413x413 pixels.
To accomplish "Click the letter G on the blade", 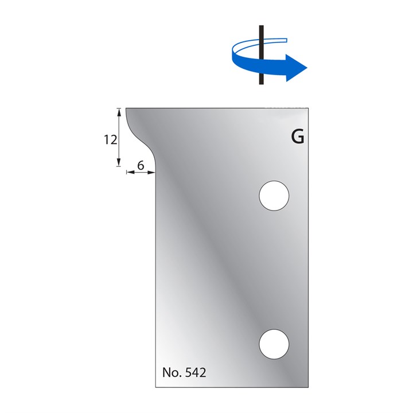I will pyautogui.click(x=297, y=138).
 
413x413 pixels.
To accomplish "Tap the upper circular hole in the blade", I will pyautogui.click(x=274, y=195).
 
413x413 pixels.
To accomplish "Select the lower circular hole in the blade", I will pyautogui.click(x=274, y=344).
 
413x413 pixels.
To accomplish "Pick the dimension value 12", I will pyautogui.click(x=111, y=139).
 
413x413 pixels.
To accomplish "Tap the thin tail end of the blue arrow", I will pyautogui.click(x=285, y=39).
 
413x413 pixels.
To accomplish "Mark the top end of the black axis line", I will pyautogui.click(x=260, y=26).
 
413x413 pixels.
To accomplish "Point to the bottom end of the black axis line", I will pyautogui.click(x=260, y=84).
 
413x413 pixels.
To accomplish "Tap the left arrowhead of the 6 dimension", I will pyautogui.click(x=128, y=172).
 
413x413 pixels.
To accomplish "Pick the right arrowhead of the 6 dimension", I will pyautogui.click(x=153, y=172).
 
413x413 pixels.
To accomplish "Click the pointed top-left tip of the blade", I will pyautogui.click(x=126, y=108).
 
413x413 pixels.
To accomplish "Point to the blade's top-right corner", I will pyautogui.click(x=310, y=108).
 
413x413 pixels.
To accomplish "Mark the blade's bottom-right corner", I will pyautogui.click(x=310, y=387).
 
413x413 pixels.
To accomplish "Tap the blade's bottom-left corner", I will pyautogui.click(x=157, y=387).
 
